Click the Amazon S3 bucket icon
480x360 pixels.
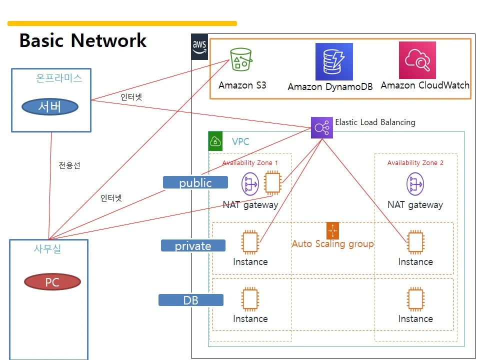click(x=241, y=59)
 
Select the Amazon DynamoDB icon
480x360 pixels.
click(x=334, y=61)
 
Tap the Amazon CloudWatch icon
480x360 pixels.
click(x=417, y=60)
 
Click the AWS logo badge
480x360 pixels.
click(x=199, y=47)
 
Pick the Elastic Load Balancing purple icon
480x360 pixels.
click(x=321, y=127)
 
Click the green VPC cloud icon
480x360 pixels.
click(x=215, y=141)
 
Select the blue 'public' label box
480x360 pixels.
click(x=195, y=182)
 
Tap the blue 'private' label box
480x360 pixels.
click(x=193, y=245)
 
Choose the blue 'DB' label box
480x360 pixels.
click(x=191, y=300)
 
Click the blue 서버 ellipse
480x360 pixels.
click(x=50, y=106)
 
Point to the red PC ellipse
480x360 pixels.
click(x=52, y=281)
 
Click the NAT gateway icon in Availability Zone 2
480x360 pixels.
click(x=415, y=184)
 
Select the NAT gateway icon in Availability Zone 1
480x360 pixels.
click(x=250, y=184)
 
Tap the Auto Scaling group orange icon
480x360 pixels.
click(x=333, y=230)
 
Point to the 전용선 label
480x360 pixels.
click(x=69, y=165)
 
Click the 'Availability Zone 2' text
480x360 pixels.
click(x=415, y=163)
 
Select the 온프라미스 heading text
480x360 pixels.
click(x=59, y=78)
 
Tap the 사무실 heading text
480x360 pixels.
click(x=47, y=249)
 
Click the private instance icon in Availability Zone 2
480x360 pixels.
click(x=415, y=242)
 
